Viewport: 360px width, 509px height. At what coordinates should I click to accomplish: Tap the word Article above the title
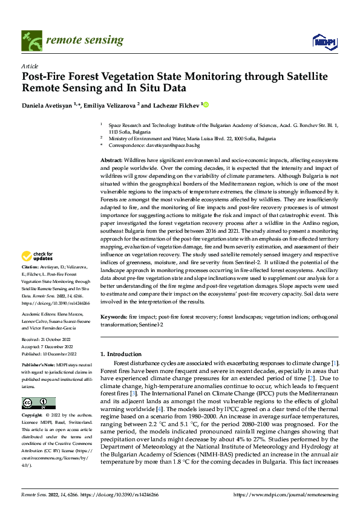tap(30, 66)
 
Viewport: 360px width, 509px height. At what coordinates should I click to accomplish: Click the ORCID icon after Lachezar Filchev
tap(205, 105)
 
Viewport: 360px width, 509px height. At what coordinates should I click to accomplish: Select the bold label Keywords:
tap(114, 317)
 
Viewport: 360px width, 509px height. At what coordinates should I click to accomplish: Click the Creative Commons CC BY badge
tap(38, 403)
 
